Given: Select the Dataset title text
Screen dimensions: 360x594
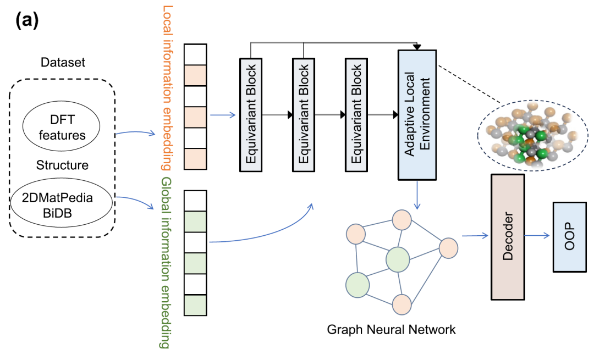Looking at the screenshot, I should pos(63,63).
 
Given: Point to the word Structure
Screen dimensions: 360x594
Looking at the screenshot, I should pos(62,165).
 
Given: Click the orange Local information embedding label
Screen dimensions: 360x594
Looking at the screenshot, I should pos(167,88).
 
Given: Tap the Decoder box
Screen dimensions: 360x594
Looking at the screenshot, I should pos(507,236).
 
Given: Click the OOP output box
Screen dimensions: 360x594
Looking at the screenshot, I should pos(569,236).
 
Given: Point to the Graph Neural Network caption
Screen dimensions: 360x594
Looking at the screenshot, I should pos(391,330).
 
